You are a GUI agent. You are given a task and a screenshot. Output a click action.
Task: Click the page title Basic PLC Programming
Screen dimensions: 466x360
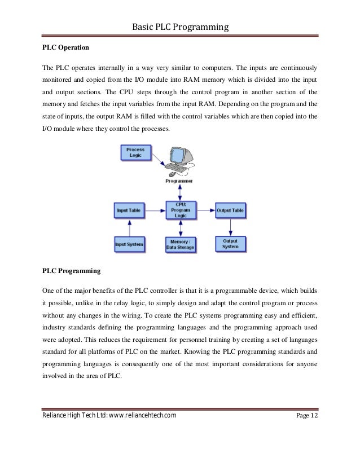(x=180, y=26)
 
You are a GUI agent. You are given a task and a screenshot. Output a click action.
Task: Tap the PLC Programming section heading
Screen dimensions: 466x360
(x=72, y=271)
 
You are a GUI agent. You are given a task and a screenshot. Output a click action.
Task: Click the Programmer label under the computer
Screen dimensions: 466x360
(x=179, y=181)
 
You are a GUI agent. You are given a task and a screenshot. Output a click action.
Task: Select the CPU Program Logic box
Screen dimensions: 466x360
(x=179, y=210)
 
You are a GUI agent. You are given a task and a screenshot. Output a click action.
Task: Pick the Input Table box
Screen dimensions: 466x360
(x=129, y=210)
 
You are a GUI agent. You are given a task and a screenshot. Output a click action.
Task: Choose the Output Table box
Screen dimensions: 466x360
(x=230, y=210)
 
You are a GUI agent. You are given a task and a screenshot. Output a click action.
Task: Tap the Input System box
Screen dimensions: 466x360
(x=129, y=244)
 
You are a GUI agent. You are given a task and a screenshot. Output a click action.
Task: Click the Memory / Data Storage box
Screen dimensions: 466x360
(x=179, y=244)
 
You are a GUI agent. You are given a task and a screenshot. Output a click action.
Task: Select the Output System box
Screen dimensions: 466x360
(x=230, y=244)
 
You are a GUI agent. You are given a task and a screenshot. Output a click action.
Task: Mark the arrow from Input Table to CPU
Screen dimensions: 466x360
(x=153, y=210)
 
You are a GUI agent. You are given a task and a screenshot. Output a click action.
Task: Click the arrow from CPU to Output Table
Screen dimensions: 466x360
(x=205, y=210)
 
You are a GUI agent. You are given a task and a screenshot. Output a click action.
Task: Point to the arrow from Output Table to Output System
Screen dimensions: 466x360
(x=230, y=227)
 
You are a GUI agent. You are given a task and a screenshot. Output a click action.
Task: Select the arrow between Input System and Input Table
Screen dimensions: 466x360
(x=129, y=227)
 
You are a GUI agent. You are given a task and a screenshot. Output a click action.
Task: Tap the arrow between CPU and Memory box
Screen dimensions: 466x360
(x=179, y=228)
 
